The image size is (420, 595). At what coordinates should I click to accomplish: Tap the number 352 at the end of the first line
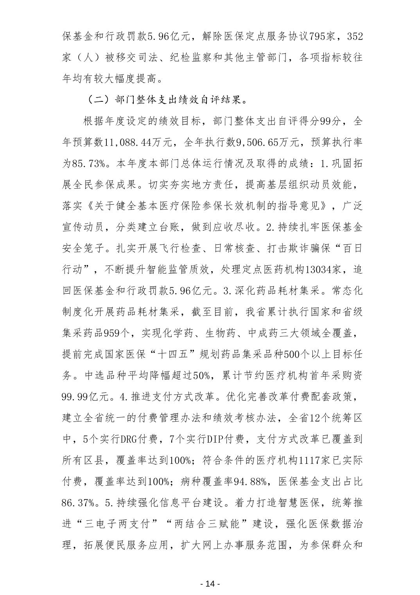(355, 37)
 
